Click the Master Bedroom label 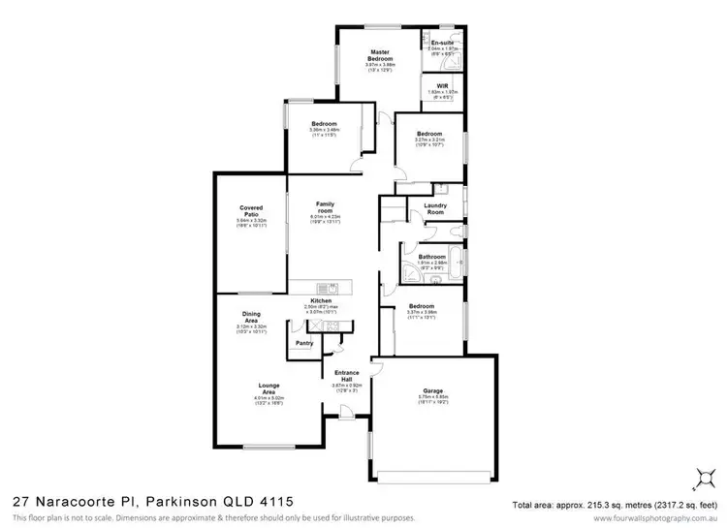pos(379,55)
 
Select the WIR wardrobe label pos(441,85)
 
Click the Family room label pos(325,207)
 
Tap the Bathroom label pos(431,257)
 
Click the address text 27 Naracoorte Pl pos(75,501)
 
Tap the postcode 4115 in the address pos(271,501)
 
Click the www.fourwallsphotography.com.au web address pos(659,518)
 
